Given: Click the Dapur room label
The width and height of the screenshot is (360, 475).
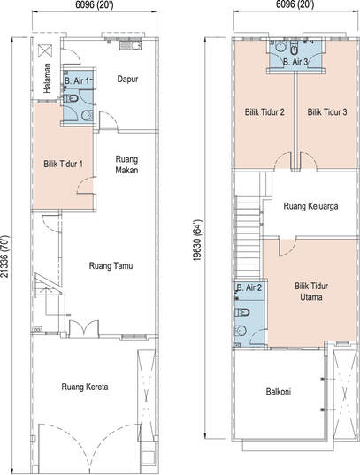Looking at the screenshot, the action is (127, 80).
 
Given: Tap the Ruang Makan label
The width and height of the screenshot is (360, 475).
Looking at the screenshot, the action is (127, 165).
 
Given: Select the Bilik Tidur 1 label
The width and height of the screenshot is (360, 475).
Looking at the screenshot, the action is (64, 165).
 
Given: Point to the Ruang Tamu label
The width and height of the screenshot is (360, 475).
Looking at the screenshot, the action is (111, 266).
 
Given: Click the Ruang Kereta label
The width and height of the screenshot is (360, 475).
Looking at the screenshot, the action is (85, 387).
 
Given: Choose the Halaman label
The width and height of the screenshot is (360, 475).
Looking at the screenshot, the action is (47, 78).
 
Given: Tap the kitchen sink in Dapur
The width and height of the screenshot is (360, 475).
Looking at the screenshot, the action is (131, 45).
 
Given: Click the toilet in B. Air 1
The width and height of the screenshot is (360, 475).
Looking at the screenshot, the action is (72, 98).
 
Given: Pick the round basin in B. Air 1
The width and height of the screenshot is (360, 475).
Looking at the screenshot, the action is (88, 115).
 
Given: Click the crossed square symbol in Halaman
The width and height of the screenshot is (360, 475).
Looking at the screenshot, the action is (45, 50).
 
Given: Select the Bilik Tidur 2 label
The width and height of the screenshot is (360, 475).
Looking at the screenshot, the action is (264, 112).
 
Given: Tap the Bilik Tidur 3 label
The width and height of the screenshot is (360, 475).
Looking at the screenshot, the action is (327, 112).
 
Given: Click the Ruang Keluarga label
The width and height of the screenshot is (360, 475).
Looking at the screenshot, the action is (311, 206).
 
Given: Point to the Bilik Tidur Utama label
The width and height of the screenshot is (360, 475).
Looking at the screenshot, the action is (311, 291).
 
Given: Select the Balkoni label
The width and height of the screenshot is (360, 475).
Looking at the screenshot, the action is (279, 392).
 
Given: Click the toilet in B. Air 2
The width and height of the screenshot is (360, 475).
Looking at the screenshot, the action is (242, 312).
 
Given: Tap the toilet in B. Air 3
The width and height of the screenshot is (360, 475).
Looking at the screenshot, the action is (294, 50).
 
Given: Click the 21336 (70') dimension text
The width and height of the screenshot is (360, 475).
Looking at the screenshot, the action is (5, 257).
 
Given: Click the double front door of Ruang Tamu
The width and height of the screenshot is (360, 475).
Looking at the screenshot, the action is (84, 328).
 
